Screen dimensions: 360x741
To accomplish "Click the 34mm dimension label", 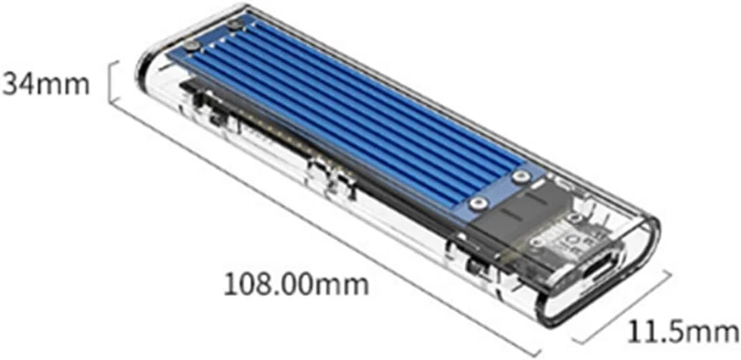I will pos(45,85).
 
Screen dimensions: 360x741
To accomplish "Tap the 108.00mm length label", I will pos(296,283).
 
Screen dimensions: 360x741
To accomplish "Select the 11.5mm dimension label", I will pos(681,332).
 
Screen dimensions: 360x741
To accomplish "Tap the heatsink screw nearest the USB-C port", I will pos(520,177).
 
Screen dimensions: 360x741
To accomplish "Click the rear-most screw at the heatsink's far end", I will pos(235,25).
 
